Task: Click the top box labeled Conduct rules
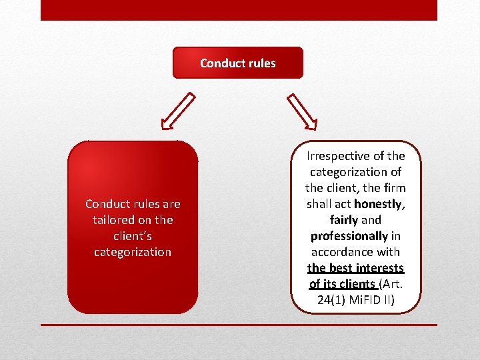tap(238, 63)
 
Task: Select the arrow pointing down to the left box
tap(178, 111)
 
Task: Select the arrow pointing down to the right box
tap(302, 111)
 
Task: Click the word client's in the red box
tap(133, 236)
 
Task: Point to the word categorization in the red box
tap(133, 252)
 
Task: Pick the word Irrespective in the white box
tap(337, 156)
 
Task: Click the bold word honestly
tap(379, 204)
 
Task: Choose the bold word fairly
tap(344, 220)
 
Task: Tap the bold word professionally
tap(349, 236)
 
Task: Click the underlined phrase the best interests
tap(355, 268)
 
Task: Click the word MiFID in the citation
tap(366, 300)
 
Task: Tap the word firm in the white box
tap(393, 188)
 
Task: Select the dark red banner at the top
tap(239, 10)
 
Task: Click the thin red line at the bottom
tap(239, 325)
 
